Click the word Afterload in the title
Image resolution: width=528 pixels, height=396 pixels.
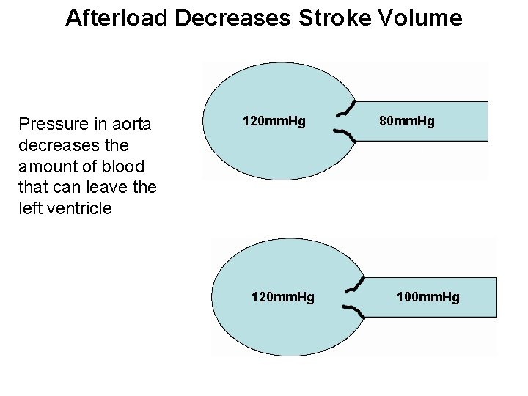pos(117,18)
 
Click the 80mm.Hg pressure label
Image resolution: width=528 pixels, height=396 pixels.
pos(407,120)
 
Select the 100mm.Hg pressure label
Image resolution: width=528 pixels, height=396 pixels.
pos(428,297)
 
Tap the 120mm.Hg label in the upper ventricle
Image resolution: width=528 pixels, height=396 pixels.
pos(274,120)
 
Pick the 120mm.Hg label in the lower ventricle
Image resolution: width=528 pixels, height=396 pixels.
pos(282,297)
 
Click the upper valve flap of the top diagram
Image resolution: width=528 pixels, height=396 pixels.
pos(345,109)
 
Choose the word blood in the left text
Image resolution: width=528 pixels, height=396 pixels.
pos(125,166)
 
